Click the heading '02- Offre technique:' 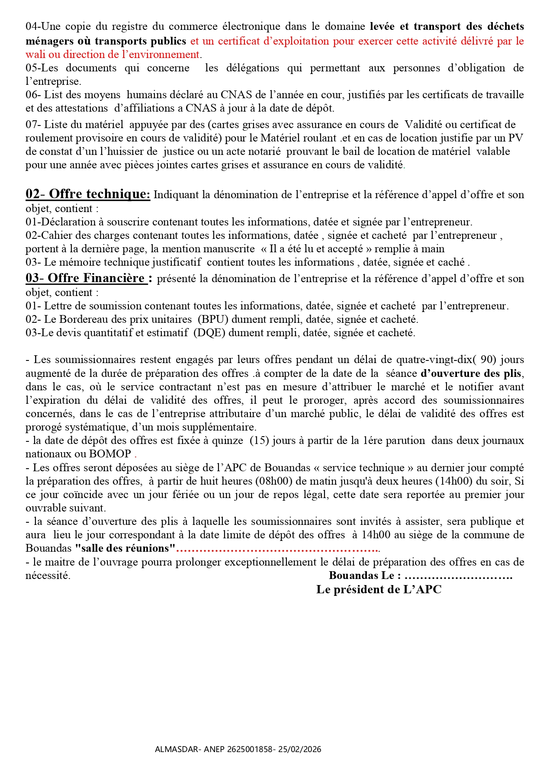tap(88, 194)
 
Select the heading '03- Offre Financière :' tap(89, 278)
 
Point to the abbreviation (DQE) tap(209, 333)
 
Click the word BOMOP tap(110, 454)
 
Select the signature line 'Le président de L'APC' tap(379, 589)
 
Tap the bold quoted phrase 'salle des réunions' tap(125, 548)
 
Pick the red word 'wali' tap(35, 55)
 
